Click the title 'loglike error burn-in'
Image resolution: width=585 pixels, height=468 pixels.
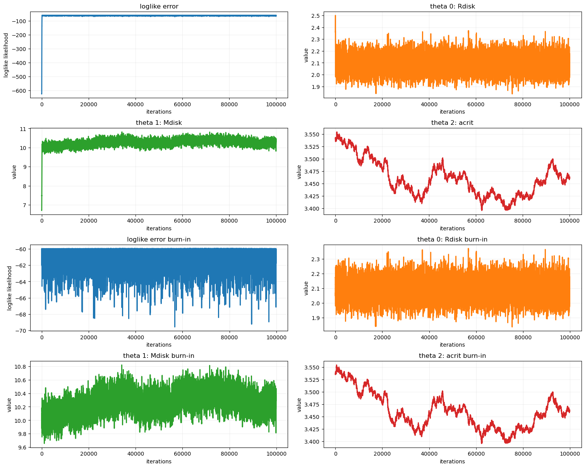pos(159,240)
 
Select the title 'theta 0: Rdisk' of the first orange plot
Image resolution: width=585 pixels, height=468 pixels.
pos(452,6)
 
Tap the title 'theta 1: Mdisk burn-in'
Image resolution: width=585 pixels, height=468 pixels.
pos(159,356)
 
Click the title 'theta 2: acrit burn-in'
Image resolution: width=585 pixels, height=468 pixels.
pos(452,356)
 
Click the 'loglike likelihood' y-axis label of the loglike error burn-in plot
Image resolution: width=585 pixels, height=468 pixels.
pos(10,288)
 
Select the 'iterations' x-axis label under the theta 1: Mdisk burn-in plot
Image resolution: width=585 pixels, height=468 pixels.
pos(159,461)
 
